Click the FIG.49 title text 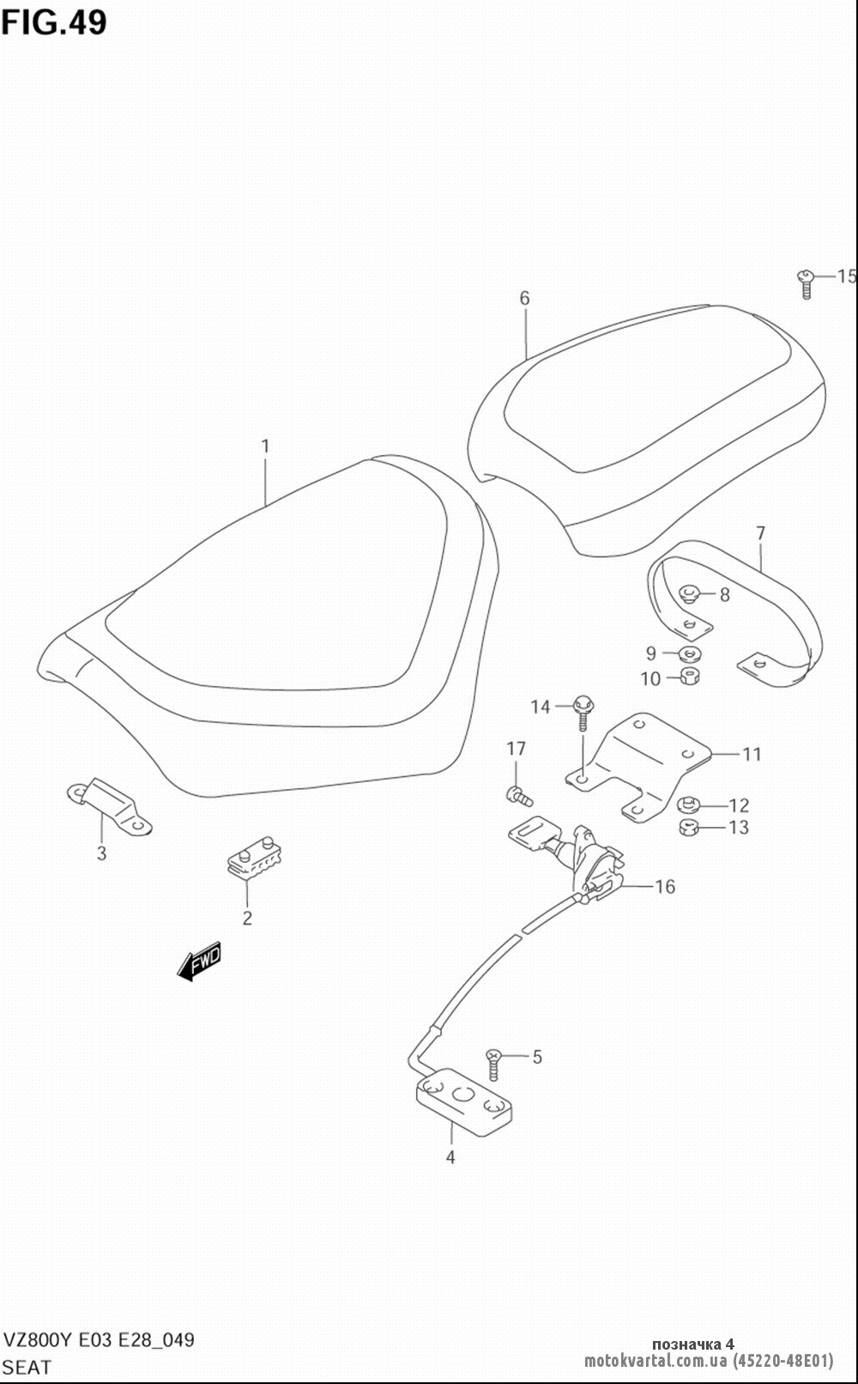(54, 22)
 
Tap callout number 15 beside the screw (846, 276)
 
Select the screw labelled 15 (805, 283)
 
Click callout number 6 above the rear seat (524, 299)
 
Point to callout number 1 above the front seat (265, 446)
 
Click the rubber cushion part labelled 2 (251, 855)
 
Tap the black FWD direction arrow (199, 961)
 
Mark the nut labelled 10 (689, 676)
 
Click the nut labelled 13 (688, 828)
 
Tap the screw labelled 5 (492, 1064)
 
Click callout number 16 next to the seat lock (665, 887)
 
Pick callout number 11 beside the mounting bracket (752, 754)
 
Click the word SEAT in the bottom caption (27, 1368)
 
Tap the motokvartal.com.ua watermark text (656, 1360)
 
